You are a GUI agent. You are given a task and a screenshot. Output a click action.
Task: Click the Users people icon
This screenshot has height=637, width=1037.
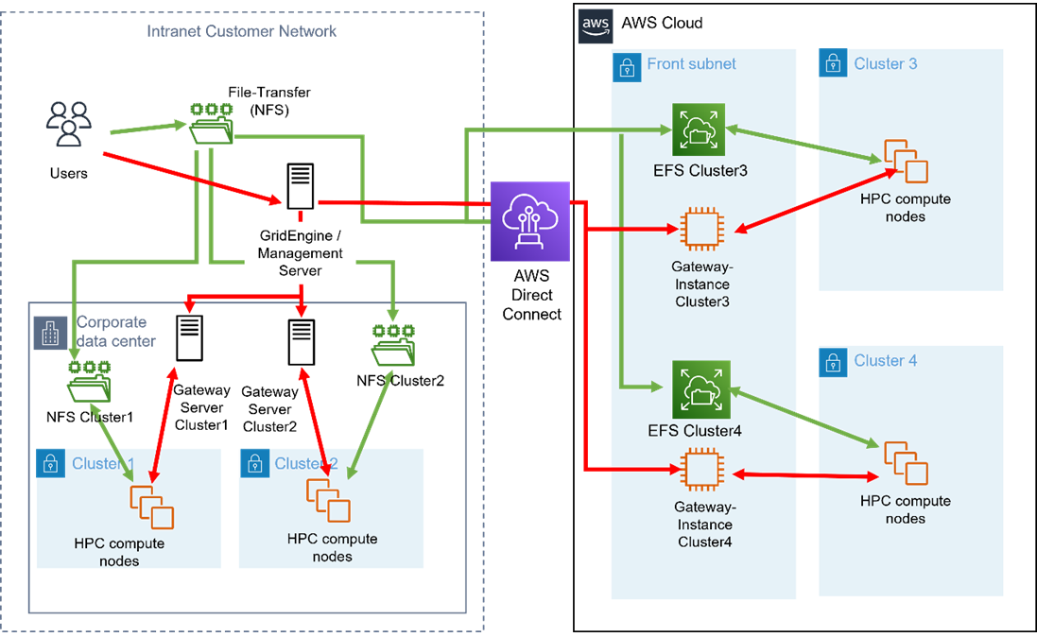click(69, 124)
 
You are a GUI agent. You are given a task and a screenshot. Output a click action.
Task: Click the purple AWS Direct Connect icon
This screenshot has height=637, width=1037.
click(530, 221)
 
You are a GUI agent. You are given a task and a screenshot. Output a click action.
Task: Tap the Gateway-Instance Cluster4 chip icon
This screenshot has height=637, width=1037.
click(700, 470)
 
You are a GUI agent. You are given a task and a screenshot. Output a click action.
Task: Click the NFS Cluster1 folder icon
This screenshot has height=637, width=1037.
click(89, 383)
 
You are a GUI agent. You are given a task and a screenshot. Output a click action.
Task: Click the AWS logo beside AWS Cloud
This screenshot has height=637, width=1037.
click(595, 23)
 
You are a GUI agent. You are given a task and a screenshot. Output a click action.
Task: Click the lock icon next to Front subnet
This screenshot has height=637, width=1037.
click(626, 65)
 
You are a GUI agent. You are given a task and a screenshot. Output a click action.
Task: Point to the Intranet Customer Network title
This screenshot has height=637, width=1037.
click(242, 31)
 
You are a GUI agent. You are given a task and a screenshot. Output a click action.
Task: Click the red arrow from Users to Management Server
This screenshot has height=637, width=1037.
click(189, 178)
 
